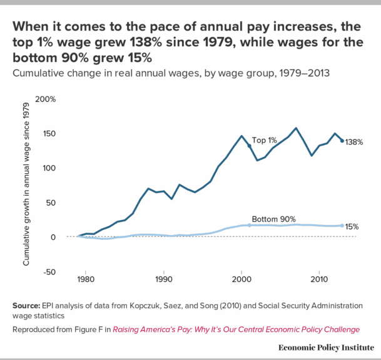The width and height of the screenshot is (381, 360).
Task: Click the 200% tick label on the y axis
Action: coord(46,99)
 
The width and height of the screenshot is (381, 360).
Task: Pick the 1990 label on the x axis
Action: coord(163,278)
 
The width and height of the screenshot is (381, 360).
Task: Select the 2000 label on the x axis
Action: coord(241,278)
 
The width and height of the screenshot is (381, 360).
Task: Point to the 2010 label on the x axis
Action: coord(320,278)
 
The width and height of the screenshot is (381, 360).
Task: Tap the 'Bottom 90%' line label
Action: coord(273,219)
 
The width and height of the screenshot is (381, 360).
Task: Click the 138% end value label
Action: coord(354,142)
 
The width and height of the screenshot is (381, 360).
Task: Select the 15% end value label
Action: coord(352,226)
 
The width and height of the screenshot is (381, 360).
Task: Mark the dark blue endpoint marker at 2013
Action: coord(342,141)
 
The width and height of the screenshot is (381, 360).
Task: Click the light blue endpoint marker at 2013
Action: coord(342,225)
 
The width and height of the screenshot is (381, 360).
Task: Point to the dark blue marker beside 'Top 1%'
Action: coord(249,146)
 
